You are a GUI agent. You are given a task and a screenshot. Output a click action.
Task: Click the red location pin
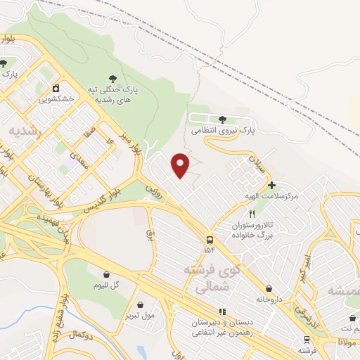click(x=181, y=165)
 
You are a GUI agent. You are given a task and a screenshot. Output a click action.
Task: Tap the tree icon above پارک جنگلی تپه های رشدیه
click(x=112, y=79)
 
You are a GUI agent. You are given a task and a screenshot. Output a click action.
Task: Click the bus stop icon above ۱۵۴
click(x=211, y=240)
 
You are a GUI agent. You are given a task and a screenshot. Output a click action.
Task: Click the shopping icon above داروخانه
click(x=269, y=288)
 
